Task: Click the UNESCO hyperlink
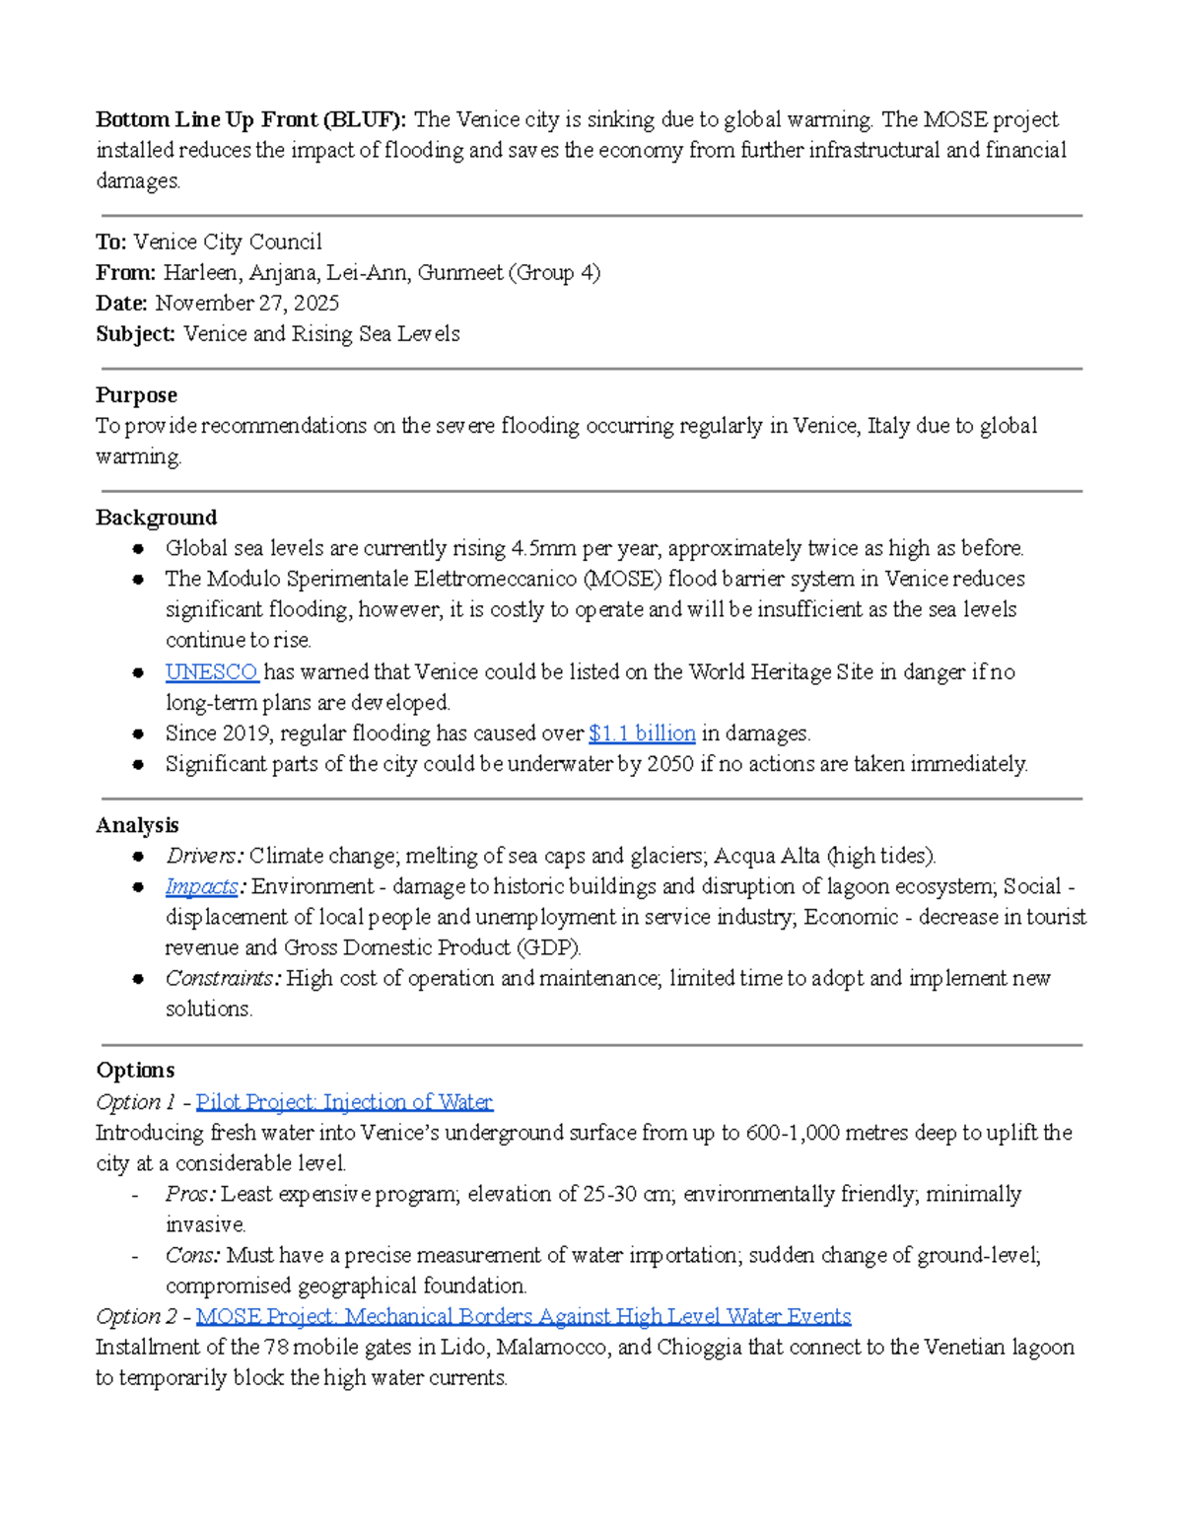coord(211,672)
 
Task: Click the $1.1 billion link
coord(642,733)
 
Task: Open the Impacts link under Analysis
coord(201,886)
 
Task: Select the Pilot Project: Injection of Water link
coord(344,1102)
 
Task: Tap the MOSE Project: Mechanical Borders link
coord(522,1316)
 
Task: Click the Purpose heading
coord(136,395)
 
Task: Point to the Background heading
coord(156,518)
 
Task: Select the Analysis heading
coord(137,825)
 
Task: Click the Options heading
coord(135,1071)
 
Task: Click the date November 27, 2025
coord(246,303)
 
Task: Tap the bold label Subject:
coord(135,334)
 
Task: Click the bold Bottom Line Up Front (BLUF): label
coord(250,120)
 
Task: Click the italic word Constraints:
coord(223,978)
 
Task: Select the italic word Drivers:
coord(204,856)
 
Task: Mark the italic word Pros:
coord(190,1194)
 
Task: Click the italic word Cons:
coord(192,1255)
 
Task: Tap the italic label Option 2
coord(136,1316)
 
